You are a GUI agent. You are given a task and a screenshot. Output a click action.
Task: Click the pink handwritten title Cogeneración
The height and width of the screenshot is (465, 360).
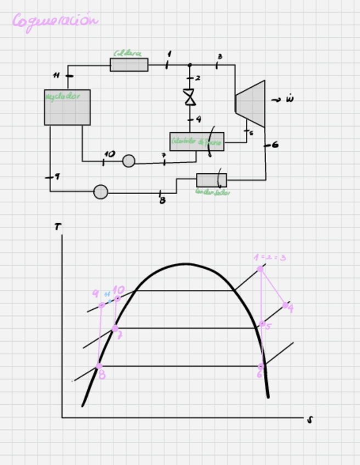click(x=55, y=21)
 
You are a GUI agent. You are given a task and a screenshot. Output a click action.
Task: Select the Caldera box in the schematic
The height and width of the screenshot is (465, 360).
click(x=129, y=65)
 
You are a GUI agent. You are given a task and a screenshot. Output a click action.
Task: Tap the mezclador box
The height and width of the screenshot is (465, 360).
click(x=67, y=107)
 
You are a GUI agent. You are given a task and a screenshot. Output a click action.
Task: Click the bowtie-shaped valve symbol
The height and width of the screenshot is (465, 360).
click(x=190, y=98)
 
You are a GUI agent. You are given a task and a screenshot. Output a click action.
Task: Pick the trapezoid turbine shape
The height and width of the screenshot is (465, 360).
click(x=251, y=104)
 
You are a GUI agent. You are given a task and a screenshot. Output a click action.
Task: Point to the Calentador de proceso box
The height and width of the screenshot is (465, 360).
click(x=196, y=141)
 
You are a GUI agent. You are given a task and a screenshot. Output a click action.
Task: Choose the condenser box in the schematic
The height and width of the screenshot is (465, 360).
click(x=211, y=180)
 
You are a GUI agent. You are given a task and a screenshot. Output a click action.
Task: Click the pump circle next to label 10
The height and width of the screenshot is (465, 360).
click(x=128, y=161)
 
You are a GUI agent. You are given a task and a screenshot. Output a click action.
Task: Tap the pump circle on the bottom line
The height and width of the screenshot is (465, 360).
click(x=100, y=192)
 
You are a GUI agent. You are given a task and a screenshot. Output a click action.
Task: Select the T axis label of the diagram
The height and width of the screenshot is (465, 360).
click(x=58, y=226)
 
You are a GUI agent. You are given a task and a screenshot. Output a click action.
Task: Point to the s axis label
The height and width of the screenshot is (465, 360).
click(x=310, y=420)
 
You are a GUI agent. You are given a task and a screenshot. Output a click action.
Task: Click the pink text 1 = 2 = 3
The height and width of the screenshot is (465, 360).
click(x=269, y=257)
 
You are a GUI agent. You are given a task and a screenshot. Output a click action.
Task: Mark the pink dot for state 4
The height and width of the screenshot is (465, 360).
click(x=285, y=304)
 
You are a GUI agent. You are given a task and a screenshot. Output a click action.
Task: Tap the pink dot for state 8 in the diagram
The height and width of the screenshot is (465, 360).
click(x=99, y=366)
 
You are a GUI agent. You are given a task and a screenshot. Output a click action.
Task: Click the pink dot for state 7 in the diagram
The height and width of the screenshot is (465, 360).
click(x=115, y=328)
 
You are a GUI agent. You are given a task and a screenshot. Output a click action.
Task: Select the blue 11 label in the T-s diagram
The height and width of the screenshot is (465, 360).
click(x=108, y=294)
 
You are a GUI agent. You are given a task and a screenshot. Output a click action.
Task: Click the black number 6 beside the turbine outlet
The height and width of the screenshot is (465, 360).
click(x=275, y=145)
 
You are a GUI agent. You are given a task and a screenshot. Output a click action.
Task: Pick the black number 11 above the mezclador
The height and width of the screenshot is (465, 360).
click(x=56, y=75)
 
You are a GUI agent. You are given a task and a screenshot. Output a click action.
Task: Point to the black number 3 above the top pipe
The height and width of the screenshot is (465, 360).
click(x=220, y=56)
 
